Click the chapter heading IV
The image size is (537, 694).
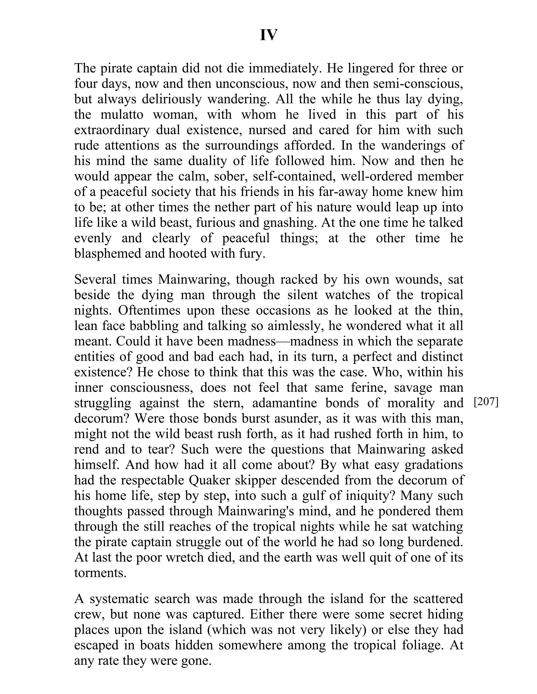(x=268, y=35)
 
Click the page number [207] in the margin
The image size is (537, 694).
(x=486, y=402)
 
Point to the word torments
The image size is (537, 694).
(x=100, y=573)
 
